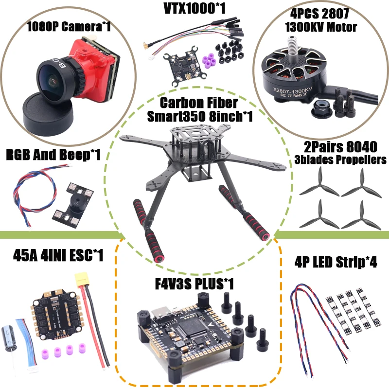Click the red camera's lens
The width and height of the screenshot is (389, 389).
(48, 78)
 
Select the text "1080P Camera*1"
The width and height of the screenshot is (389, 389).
(69, 26)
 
